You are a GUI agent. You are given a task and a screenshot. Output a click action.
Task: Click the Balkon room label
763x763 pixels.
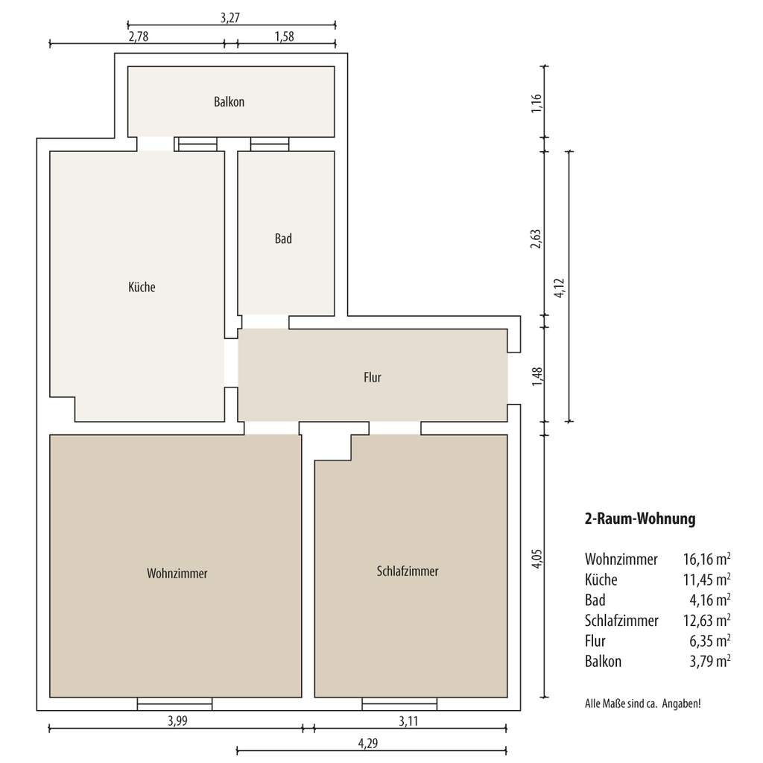229,101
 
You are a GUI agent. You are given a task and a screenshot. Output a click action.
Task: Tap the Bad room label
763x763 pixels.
283,238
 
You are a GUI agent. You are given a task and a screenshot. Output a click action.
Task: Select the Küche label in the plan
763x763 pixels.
142,287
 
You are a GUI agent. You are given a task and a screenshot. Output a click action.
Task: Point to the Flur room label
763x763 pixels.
373,377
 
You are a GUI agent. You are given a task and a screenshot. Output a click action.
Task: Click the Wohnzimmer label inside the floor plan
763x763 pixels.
177,573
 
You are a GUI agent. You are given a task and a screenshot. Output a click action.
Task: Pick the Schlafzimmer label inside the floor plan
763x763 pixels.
408,571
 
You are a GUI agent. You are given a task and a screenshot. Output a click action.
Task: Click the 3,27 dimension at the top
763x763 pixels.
230,18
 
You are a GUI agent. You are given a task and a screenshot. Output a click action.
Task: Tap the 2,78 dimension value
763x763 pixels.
138,37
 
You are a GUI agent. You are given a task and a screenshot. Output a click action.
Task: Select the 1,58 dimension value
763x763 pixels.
284,37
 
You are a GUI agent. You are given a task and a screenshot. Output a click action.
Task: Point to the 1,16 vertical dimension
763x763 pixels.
536,103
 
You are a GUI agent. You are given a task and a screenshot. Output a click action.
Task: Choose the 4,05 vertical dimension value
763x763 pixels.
536,558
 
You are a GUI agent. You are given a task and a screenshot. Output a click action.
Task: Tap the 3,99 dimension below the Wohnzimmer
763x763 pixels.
177,721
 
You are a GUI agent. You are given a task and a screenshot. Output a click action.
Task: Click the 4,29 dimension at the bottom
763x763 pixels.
368,743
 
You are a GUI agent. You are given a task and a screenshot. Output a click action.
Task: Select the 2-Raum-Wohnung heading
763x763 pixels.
640,519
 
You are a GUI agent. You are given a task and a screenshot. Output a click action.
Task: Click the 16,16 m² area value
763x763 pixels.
706,559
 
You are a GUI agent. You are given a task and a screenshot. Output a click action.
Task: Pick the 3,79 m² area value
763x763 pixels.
710,662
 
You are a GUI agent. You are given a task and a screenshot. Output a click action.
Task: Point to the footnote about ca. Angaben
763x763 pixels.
643,703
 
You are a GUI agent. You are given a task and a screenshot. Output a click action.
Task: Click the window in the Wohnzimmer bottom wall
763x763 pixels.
174,703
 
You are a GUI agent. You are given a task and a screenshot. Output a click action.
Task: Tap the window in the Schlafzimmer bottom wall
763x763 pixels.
399,703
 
